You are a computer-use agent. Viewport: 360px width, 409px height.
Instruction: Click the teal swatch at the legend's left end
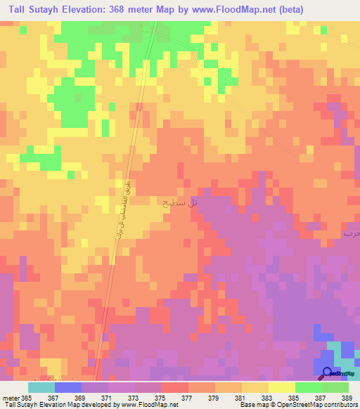(x=41, y=387)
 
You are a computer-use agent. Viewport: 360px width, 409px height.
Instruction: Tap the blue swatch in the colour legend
(x=68, y=387)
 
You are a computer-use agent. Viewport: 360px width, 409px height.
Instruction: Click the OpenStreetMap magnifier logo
(x=328, y=374)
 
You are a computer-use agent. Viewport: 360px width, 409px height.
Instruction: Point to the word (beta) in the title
(x=337, y=9)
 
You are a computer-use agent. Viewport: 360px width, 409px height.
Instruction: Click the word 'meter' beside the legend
(x=10, y=397)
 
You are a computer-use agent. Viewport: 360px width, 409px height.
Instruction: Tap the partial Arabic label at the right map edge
(x=351, y=232)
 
